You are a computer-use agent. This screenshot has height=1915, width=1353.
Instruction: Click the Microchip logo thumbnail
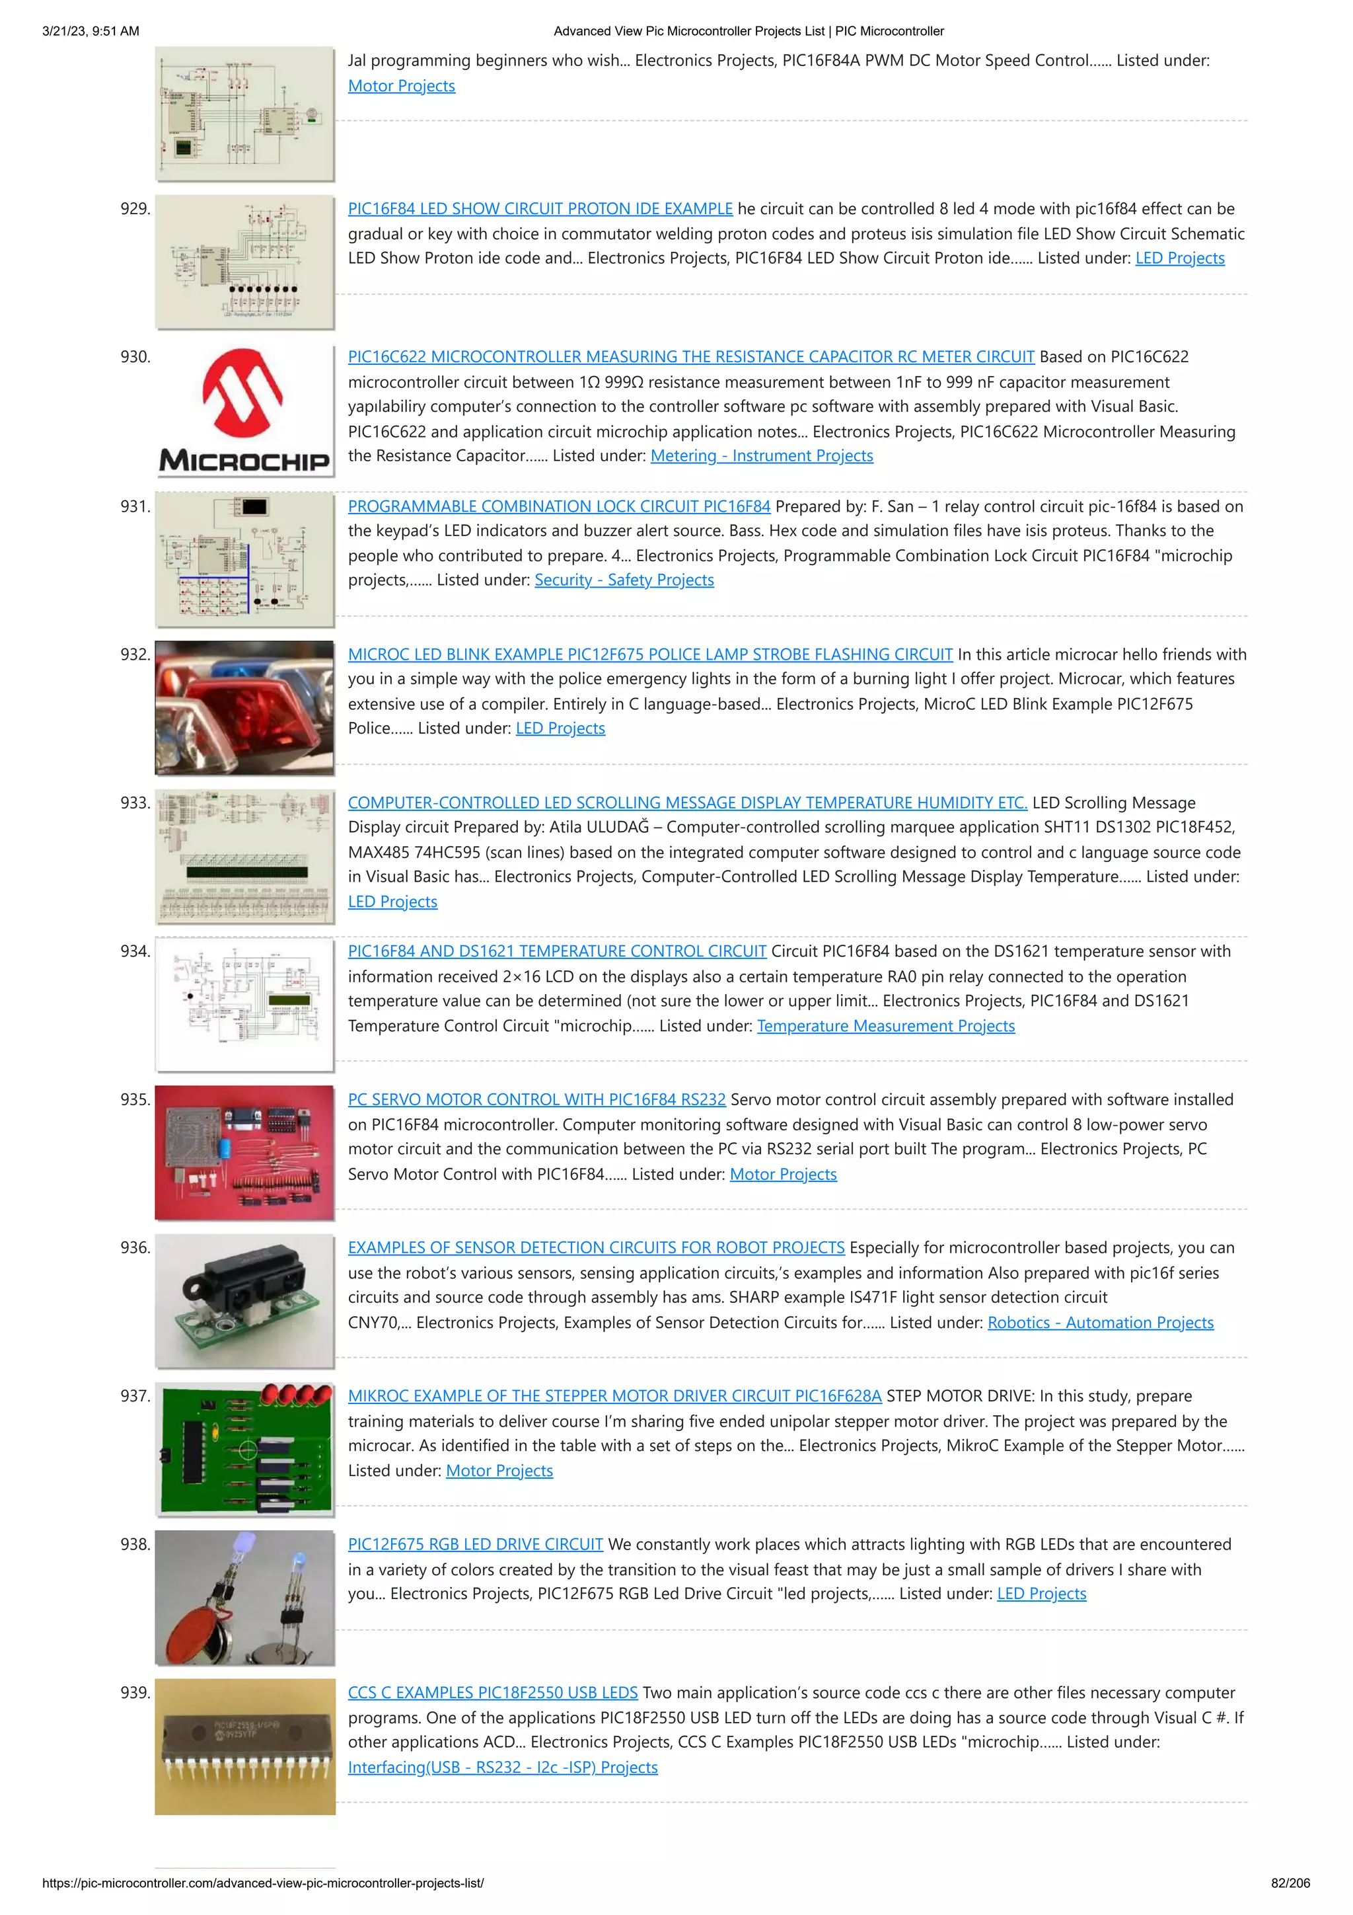pos(244,410)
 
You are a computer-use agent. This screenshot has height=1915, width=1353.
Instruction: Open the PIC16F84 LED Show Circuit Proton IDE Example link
pos(540,208)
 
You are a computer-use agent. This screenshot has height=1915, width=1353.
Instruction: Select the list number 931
pos(135,506)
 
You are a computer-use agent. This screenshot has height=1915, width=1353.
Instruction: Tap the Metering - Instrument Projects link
pos(761,455)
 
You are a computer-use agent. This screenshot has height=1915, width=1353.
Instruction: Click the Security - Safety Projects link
pos(624,580)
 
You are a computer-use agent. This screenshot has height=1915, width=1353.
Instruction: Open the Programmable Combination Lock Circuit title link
pos(558,506)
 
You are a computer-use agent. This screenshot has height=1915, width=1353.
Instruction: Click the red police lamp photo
pos(244,707)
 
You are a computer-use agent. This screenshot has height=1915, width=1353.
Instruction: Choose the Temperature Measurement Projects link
pos(885,1026)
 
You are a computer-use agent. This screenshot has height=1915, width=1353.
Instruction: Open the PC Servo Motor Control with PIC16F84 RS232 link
pos(536,1099)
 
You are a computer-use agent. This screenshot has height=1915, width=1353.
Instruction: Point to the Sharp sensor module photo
pos(244,1301)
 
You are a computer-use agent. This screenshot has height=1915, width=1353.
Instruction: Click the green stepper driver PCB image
pos(244,1450)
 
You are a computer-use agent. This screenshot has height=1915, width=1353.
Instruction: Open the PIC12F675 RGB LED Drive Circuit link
pos(475,1544)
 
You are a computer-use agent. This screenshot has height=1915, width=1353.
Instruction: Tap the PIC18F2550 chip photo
pos(244,1746)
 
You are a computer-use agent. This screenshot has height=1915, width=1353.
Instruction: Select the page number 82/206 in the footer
pos(1290,1883)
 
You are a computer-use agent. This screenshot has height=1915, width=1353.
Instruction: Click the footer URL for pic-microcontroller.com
pos(262,1883)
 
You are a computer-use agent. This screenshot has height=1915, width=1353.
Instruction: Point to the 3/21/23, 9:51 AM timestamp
pos(91,31)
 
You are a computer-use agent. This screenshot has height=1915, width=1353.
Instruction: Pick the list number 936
pos(135,1248)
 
